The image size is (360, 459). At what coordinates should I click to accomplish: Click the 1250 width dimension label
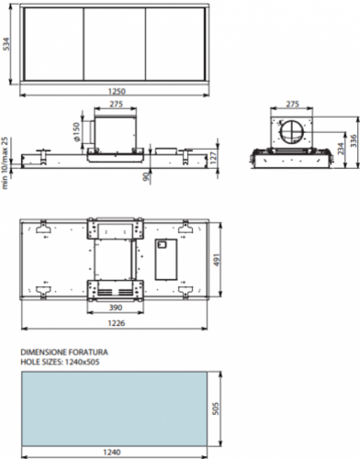117,91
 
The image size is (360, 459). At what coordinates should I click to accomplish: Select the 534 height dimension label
6,44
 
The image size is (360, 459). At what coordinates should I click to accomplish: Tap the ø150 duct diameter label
77,131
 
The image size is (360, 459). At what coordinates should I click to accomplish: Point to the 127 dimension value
214,156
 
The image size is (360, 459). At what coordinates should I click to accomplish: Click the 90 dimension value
146,176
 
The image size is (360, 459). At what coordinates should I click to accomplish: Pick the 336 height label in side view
353,141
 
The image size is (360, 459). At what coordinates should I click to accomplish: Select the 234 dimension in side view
341,149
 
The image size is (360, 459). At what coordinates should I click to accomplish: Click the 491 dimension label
216,260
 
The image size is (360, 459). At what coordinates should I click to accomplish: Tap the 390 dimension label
116,308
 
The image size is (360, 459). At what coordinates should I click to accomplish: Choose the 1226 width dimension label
117,323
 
